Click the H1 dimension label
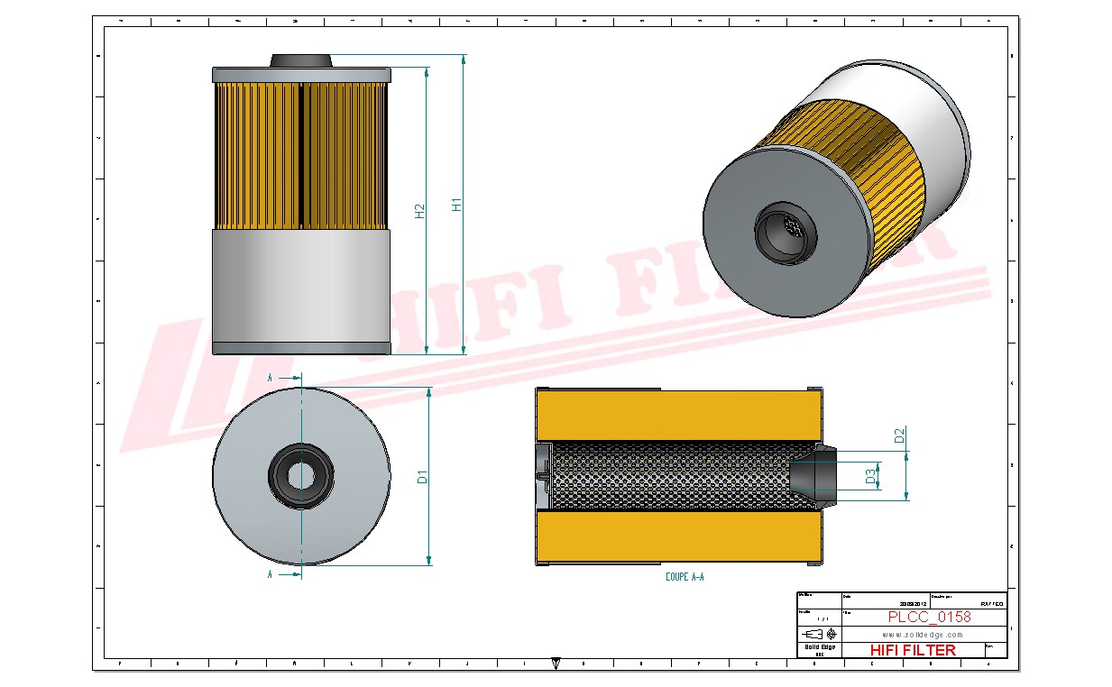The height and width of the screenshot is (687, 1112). coord(456,205)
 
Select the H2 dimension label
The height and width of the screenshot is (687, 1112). coord(419,211)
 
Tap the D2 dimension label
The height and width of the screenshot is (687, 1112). coord(898,436)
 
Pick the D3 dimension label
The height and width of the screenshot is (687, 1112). coord(871,475)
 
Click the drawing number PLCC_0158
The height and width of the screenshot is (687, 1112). coord(929,618)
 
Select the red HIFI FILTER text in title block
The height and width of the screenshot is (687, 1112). coord(912,650)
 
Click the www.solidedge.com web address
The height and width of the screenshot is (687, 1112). coord(922,635)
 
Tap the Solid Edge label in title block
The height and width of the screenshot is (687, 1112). coord(819,647)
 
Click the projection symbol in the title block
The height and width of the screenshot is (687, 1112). coord(818,633)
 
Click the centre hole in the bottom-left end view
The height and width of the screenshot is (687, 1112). coord(301,474)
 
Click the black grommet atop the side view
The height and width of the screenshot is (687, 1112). coord(301,60)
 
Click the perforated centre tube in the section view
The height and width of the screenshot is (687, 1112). coord(667,474)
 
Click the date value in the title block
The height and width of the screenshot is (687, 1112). coord(913,604)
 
